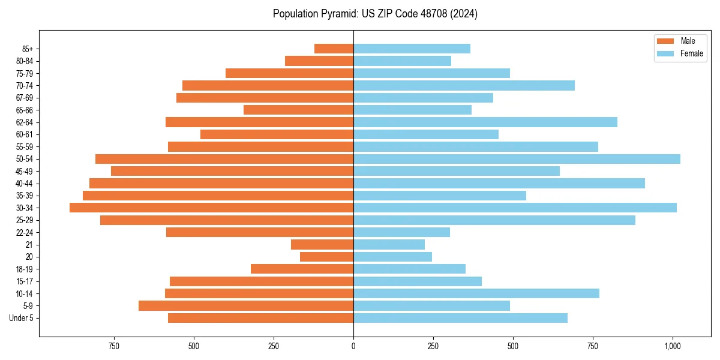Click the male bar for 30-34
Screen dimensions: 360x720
click(211, 208)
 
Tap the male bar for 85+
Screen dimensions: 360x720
click(334, 49)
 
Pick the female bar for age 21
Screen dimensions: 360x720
click(389, 245)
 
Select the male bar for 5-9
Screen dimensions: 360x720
click(246, 306)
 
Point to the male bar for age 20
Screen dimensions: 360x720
click(326, 257)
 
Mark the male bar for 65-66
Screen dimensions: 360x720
click(298, 110)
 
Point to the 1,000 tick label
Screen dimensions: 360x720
click(672, 347)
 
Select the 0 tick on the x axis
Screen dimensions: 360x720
click(353, 347)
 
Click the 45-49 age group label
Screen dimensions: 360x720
click(25, 172)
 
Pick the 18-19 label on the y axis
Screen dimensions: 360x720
click(25, 269)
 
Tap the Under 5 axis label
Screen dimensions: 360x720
click(22, 318)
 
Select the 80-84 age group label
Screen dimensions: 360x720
click(25, 61)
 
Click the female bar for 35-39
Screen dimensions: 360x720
click(439, 196)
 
